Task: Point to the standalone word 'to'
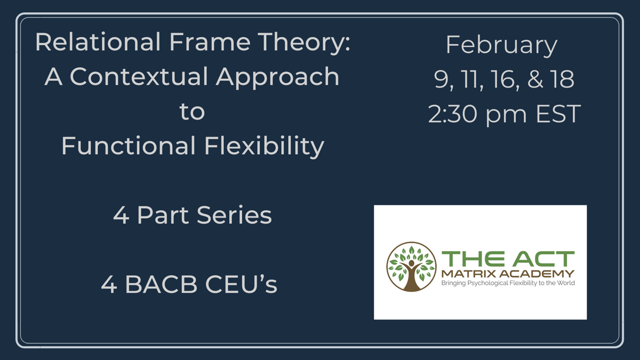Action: [192, 111]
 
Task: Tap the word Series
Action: [234, 215]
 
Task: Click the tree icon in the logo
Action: [411, 267]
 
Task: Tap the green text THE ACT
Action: [508, 259]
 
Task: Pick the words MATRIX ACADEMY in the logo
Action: [508, 274]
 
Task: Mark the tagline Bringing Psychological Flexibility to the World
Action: [508, 283]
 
